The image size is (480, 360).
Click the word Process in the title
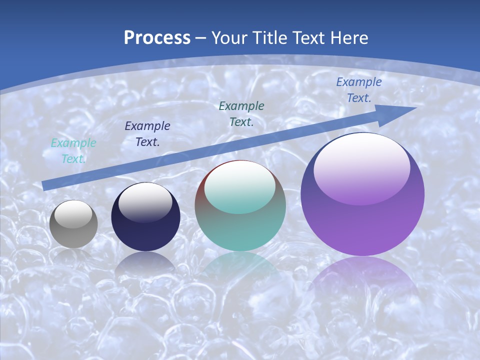[157, 38]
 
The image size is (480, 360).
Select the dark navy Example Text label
[147, 134]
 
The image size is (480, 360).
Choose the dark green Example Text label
[241, 114]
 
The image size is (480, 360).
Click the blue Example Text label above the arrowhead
[359, 90]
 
